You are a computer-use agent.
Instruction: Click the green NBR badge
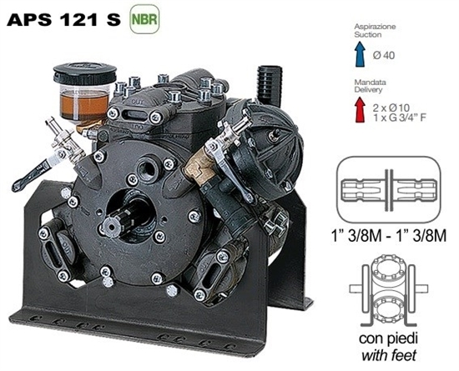(142, 18)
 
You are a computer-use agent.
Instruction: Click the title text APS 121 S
(63, 18)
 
